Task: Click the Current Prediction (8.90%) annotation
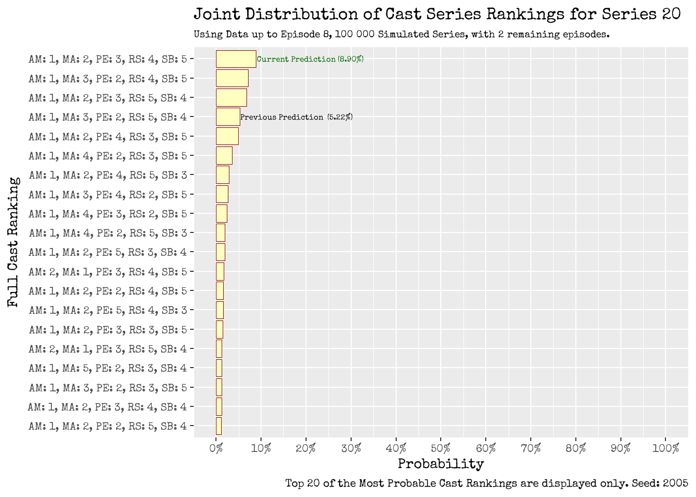click(310, 59)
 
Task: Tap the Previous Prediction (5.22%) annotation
click(296, 117)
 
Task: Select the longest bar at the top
click(236, 59)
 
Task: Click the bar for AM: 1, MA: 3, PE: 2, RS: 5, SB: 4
click(228, 117)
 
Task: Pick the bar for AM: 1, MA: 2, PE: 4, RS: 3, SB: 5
click(227, 136)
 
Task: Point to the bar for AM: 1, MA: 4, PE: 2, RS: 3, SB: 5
click(224, 156)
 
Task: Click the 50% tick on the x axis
click(441, 448)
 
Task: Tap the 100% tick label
click(665, 448)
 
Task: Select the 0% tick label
click(216, 448)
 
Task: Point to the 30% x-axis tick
click(351, 448)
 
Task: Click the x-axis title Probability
click(441, 464)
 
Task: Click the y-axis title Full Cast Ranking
click(13, 242)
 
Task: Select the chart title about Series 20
click(437, 14)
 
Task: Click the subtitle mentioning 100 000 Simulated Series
click(401, 35)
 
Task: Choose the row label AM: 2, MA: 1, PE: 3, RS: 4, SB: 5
click(108, 272)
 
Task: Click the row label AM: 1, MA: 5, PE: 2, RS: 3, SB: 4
click(108, 368)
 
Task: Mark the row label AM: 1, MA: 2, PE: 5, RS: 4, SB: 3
click(108, 310)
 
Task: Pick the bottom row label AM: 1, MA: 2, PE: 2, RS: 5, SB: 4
click(108, 426)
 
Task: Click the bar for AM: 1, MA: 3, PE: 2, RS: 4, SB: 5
click(232, 78)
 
